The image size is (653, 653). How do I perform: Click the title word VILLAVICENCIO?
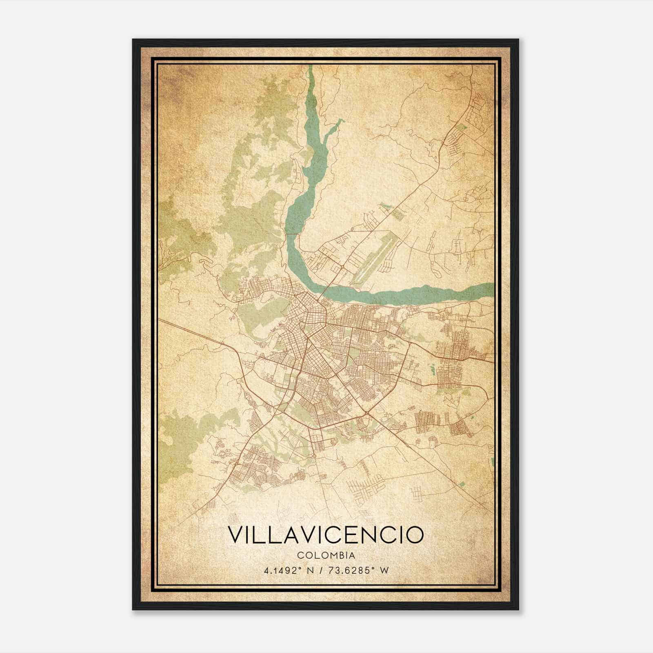tap(325, 535)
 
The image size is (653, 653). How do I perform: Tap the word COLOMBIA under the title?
tap(326, 555)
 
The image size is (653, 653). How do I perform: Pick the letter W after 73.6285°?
tap(384, 570)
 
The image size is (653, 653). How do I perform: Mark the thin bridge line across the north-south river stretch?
tap(293, 234)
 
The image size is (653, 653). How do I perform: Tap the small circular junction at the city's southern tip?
tap(315, 455)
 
